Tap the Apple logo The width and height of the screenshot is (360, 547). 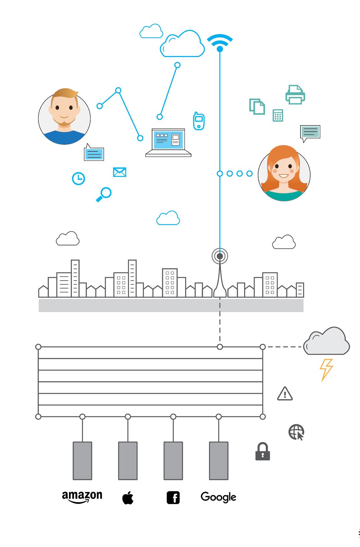[128, 497]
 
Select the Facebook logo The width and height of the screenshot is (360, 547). [173, 498]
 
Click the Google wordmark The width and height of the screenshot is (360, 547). [218, 497]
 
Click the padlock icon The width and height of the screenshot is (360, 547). [263, 451]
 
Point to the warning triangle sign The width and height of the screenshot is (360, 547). [285, 394]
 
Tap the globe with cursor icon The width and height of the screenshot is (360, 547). [296, 432]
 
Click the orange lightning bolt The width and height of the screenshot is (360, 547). [326, 370]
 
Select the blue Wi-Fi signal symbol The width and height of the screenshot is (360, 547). [220, 43]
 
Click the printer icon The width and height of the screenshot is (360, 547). [295, 95]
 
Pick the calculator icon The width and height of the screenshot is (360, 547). [278, 115]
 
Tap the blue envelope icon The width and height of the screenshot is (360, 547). [120, 172]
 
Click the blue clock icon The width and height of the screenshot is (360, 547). [78, 178]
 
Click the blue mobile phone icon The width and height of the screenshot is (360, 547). [199, 121]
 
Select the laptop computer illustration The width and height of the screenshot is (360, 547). [168, 142]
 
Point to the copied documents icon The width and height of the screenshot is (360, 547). [257, 107]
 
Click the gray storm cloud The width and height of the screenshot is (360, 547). [327, 341]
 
